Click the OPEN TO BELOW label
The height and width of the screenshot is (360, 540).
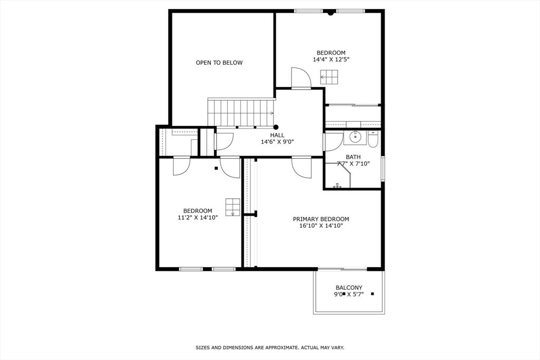pos(219,63)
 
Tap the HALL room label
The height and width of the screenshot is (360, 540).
pos(277,135)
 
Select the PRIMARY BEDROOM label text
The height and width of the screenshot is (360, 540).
pos(321,219)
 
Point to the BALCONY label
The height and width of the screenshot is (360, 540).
pos(349,288)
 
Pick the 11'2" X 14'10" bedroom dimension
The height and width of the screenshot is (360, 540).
pos(198,218)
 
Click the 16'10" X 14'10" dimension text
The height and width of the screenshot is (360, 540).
pos(321,226)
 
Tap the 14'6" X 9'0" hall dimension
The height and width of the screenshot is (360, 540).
pos(277,142)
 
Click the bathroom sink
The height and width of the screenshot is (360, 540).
pos(355,138)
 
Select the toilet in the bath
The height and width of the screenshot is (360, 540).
pos(373,139)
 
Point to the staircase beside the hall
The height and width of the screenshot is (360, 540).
pos(241,113)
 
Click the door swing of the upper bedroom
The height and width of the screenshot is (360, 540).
pos(301,78)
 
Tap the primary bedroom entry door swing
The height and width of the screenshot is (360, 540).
pos(301,168)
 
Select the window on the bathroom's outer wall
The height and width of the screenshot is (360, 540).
pos(383,168)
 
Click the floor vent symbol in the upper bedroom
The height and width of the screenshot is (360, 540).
pos(329,77)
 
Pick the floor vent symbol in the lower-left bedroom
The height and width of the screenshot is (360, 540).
pos(233,207)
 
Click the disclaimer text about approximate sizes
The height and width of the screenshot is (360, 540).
pos(270,347)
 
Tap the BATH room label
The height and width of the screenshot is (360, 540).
pos(353,157)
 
